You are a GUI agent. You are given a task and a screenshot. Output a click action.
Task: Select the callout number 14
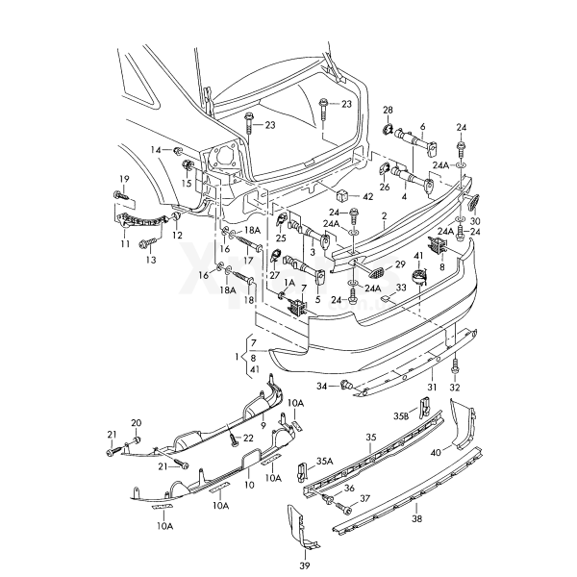pyautogui.click(x=155, y=150)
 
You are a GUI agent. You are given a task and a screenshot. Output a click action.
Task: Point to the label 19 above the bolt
pyautogui.click(x=123, y=179)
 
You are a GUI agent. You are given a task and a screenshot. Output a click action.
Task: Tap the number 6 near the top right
pyautogui.click(x=421, y=126)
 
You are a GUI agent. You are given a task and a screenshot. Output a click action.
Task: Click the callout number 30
pyautogui.click(x=474, y=220)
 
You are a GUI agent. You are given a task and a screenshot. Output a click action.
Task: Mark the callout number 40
pyautogui.click(x=437, y=451)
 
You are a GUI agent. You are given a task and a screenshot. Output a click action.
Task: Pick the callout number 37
pyautogui.click(x=364, y=500)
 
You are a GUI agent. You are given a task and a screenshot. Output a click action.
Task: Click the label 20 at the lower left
pyautogui.click(x=136, y=423)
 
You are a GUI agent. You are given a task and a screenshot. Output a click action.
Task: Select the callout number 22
pyautogui.click(x=248, y=438)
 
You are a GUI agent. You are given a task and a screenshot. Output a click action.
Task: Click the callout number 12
pyautogui.click(x=176, y=235)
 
